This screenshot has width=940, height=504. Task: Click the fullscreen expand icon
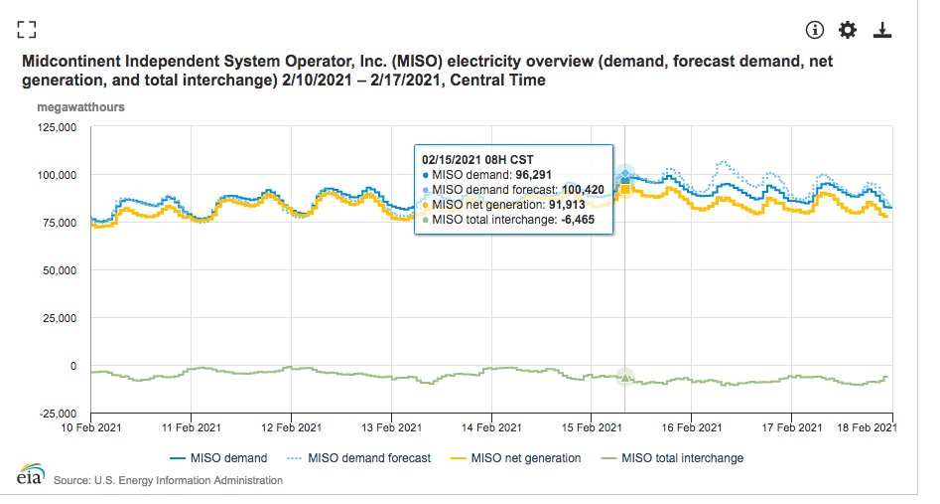pyautogui.click(x=27, y=29)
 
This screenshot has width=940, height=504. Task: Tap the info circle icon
pyautogui.click(x=815, y=30)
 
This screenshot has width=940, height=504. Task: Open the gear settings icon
pyautogui.click(x=848, y=30)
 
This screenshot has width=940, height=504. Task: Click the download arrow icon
pyautogui.click(x=881, y=30)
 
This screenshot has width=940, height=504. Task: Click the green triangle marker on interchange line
pyautogui.click(x=624, y=377)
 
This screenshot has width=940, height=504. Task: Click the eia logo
pyautogui.click(x=23, y=475)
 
